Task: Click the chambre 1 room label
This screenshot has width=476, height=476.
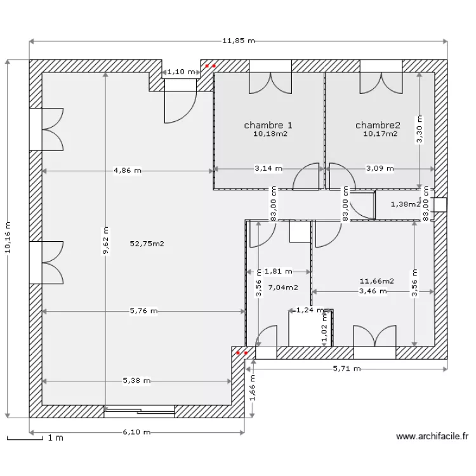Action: click(268, 125)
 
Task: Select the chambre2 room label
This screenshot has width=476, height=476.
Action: click(378, 125)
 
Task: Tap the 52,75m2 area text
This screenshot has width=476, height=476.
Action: click(147, 244)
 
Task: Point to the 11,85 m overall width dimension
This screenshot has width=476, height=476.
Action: click(239, 41)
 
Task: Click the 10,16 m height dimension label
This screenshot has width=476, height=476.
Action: click(8, 237)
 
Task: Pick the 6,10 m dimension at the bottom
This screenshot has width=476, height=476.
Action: click(136, 432)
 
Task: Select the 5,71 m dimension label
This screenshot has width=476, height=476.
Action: click(347, 369)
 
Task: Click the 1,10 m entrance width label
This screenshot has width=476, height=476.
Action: click(181, 72)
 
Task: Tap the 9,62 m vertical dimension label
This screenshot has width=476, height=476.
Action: click(105, 241)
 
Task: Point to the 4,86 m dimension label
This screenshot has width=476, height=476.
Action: click(128, 171)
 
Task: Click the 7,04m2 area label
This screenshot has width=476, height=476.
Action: click(283, 287)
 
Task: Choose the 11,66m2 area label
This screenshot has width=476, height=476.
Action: click(377, 281)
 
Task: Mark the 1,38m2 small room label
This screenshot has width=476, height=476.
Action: click(406, 204)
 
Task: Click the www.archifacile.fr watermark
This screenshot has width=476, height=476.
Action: click(432, 437)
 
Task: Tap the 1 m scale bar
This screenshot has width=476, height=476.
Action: click(25, 439)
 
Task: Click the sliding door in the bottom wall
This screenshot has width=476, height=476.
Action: click(140, 411)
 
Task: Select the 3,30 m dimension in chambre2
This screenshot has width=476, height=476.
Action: click(420, 129)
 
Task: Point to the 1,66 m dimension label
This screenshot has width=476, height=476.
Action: click(252, 388)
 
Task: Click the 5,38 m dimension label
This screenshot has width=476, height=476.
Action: click(136, 381)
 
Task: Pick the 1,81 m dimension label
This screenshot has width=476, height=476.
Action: click(279, 272)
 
